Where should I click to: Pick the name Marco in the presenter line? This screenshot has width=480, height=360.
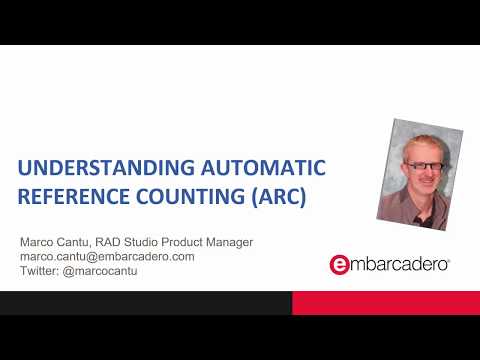coord(39,242)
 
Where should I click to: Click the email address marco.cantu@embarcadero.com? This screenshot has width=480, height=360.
coord(107,256)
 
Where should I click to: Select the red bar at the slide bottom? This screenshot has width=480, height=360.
coord(385,302)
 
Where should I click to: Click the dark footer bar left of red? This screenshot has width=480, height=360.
coord(145,302)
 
